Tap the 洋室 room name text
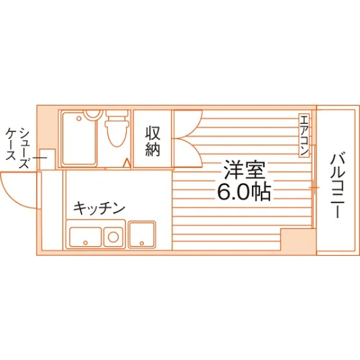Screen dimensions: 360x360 point(245,170)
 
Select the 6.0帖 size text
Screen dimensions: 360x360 point(244,192)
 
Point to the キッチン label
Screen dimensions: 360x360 point(99,208)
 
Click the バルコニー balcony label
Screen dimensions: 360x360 point(337,185)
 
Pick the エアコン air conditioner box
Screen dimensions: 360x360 point(304,136)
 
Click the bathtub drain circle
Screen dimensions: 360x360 point(79,118)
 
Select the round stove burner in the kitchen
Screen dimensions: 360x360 point(113,237)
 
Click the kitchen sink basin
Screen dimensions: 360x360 point(85,237)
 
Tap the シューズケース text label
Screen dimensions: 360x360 point(17,148)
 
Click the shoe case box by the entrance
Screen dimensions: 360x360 point(48,159)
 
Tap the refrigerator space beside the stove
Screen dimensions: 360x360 point(142,235)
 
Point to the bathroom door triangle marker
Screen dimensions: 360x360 point(127,163)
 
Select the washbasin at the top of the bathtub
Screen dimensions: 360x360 point(93,114)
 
